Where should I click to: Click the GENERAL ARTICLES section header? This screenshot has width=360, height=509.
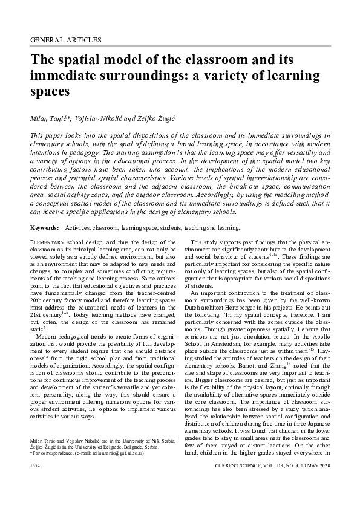[x=65, y=40]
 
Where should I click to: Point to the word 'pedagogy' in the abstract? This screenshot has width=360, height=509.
[x=142, y=154]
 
